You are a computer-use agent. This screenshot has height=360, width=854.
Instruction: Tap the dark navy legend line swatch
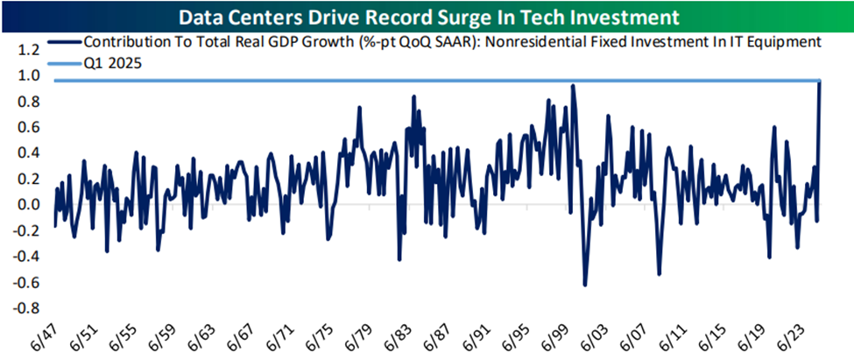(62, 41)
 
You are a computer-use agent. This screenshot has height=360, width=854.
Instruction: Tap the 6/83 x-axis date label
(403, 336)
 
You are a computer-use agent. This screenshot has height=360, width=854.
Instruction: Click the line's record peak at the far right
(820, 81)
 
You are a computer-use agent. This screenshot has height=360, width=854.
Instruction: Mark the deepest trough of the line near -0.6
(584, 285)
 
